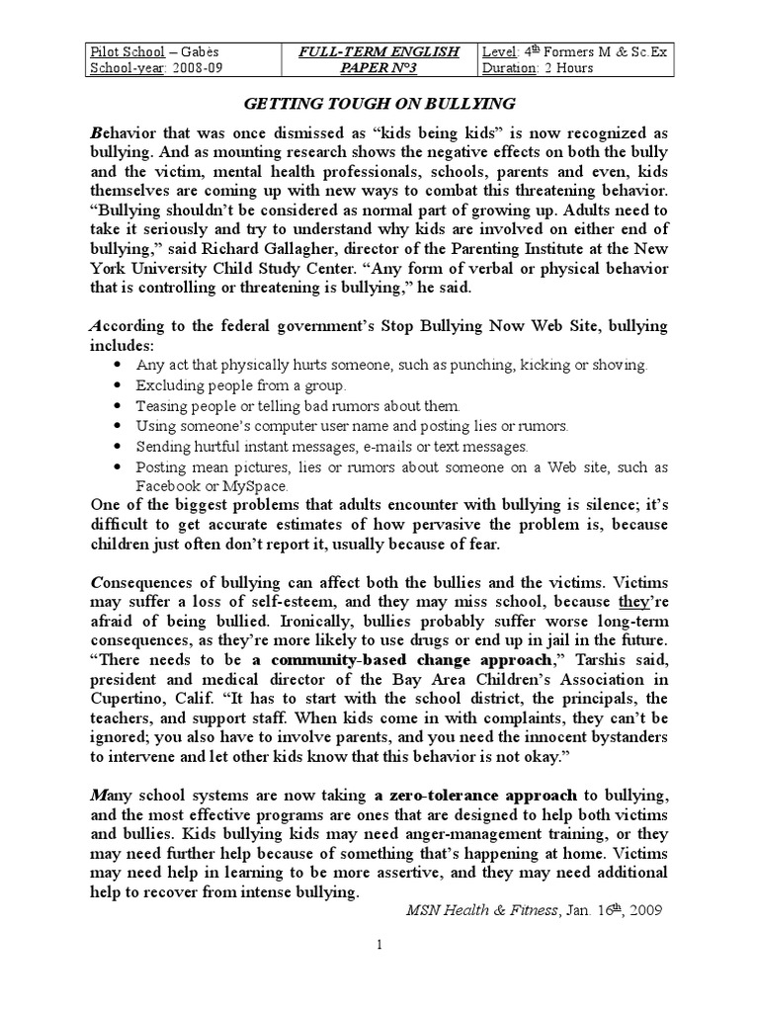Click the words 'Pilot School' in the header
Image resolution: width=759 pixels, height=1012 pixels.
click(123, 52)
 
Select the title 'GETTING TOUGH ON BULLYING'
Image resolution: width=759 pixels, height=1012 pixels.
click(379, 103)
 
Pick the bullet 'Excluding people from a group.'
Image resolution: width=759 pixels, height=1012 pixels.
click(241, 385)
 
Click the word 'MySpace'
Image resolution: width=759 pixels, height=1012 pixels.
click(256, 485)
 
